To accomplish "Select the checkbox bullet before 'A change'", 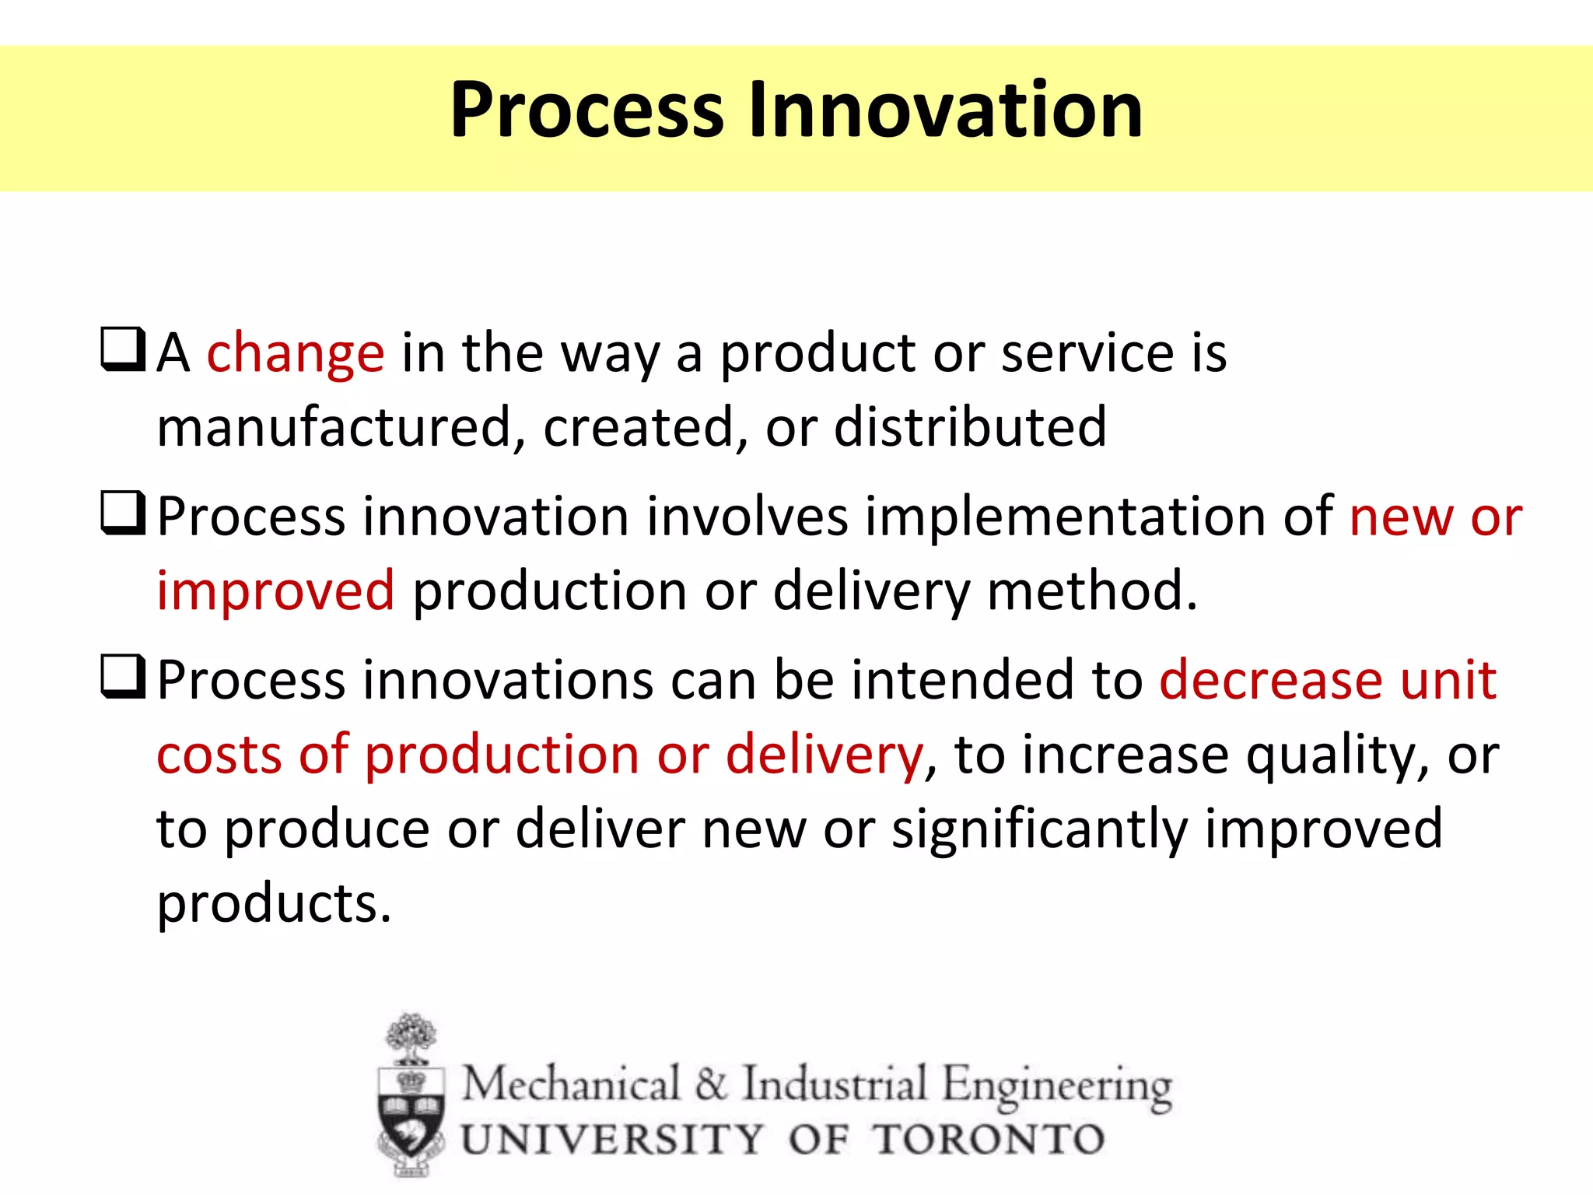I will pyautogui.click(x=123, y=349).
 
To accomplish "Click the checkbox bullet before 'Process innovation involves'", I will pyautogui.click(x=123, y=513).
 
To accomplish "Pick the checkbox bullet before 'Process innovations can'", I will pyautogui.click(x=123, y=677).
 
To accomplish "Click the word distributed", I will pyautogui.click(x=970, y=428).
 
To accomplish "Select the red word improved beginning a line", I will pyautogui.click(x=275, y=591).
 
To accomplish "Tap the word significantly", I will pyautogui.click(x=1039, y=830).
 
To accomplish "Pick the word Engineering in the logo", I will pyautogui.click(x=1057, y=1085).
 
